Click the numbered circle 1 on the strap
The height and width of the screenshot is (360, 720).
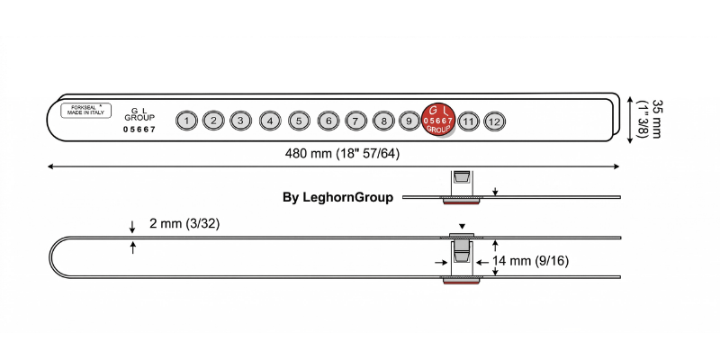pyautogui.click(x=185, y=120)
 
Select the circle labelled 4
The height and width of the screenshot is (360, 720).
pyautogui.click(x=270, y=120)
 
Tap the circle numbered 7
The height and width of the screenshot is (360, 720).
pyautogui.click(x=355, y=120)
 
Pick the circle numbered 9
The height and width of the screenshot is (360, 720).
pyautogui.click(x=409, y=120)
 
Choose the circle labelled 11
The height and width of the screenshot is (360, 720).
pyautogui.click(x=467, y=120)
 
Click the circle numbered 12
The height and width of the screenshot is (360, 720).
pyautogui.click(x=494, y=121)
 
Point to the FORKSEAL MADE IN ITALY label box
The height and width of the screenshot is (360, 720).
pyautogui.click(x=82, y=111)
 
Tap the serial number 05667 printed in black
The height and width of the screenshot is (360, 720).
pyautogui.click(x=139, y=130)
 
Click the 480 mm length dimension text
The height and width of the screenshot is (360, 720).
pyautogui.click(x=342, y=153)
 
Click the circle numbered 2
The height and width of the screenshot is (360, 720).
pyautogui.click(x=213, y=120)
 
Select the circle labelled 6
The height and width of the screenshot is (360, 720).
pyautogui.click(x=328, y=120)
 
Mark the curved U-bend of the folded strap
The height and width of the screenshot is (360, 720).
pyautogui.click(x=51, y=256)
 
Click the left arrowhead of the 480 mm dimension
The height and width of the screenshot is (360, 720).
pyautogui.click(x=51, y=166)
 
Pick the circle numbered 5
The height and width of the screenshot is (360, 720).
pyautogui.click(x=300, y=120)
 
